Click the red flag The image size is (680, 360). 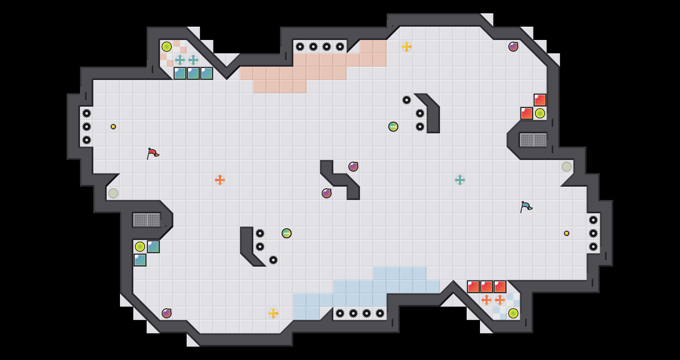point(153,153)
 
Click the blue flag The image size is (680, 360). point(526,207)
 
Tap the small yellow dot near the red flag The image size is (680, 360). point(113,127)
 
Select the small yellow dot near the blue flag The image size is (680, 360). point(567,233)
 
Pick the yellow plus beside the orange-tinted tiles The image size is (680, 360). point(407,47)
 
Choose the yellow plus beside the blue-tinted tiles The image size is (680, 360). point(273,313)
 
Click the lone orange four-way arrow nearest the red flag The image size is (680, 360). point(220,180)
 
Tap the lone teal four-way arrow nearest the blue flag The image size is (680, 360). point(460,180)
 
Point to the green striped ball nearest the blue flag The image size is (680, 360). point(393,127)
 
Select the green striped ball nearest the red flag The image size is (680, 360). point(287,233)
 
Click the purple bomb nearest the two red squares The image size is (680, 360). point(513,47)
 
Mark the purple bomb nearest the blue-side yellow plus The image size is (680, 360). point(167,313)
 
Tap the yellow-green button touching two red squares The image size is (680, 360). point(540,113)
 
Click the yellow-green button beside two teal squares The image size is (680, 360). point(140,247)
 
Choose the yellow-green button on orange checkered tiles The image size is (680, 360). point(167,47)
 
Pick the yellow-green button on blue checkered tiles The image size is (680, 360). point(513,313)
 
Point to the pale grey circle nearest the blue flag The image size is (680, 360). point(567,167)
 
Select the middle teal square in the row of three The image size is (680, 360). point(193,73)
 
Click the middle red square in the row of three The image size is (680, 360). point(487,287)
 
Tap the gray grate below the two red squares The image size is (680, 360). point(533,140)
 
